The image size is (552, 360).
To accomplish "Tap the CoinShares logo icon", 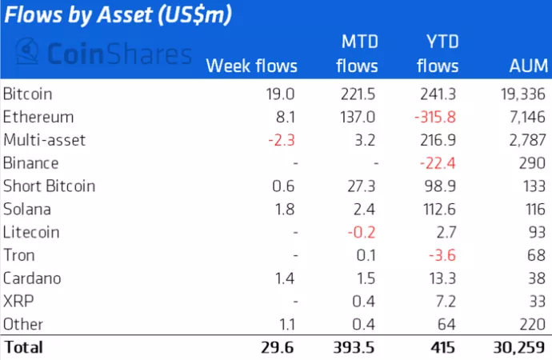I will (29, 54).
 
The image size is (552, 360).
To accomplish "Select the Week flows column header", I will (251, 66).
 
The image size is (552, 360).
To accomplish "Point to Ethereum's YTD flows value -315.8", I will (436, 117).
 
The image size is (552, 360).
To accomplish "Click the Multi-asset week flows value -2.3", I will (282, 140).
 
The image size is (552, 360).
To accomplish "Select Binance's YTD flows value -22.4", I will (440, 163).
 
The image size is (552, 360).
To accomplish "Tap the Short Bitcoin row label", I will (49, 186).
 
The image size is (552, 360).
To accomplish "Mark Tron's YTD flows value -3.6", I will (444, 256).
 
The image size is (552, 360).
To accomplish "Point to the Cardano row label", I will (31, 279).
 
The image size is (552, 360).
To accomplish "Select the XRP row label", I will (18, 302).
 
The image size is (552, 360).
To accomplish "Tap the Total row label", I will (23, 348).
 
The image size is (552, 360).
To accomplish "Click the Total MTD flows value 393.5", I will (351, 348).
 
